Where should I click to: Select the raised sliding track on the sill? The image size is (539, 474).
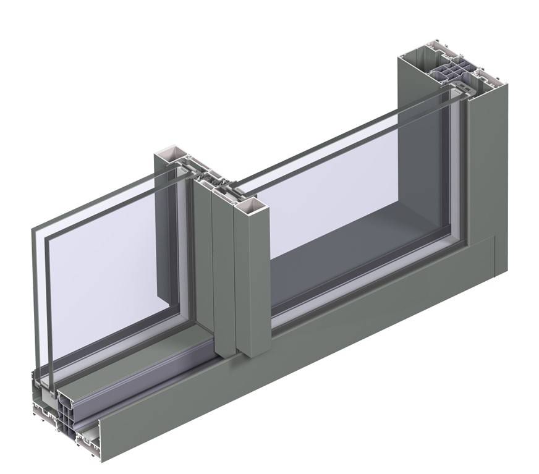pyautogui.click(x=142, y=365)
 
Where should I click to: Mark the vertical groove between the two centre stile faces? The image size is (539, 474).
pyautogui.click(x=232, y=278)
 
